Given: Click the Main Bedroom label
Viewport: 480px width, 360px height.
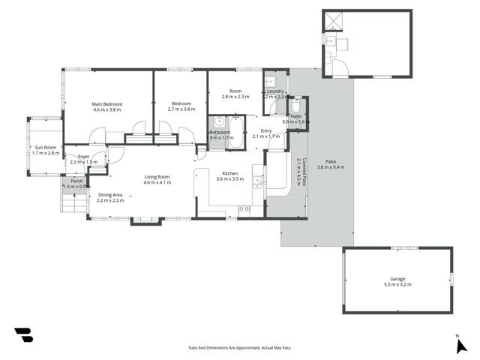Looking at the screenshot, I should point(107,106).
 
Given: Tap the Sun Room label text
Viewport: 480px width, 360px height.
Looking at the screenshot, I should point(45,150).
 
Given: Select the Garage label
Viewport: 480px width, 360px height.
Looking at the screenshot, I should point(397,281).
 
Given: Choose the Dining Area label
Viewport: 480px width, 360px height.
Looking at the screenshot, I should point(109,197).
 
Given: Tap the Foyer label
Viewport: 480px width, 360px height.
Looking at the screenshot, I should point(83,159).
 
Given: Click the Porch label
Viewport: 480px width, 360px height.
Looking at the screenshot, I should point(76,184).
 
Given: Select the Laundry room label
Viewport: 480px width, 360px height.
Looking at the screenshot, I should point(274,94).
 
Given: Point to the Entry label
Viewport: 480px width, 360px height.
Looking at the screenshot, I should point(266,133).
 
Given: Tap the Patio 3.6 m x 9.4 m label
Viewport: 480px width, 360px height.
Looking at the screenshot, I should point(331,164).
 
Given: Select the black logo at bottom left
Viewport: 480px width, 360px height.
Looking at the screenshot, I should point(23,334).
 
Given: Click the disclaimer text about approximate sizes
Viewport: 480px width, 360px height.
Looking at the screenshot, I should point(239,347).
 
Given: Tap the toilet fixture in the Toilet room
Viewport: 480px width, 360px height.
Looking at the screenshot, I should point(296,106).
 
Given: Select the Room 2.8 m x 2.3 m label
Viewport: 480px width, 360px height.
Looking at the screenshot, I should point(235,94).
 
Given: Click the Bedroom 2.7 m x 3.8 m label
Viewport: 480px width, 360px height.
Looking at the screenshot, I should point(181,106).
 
